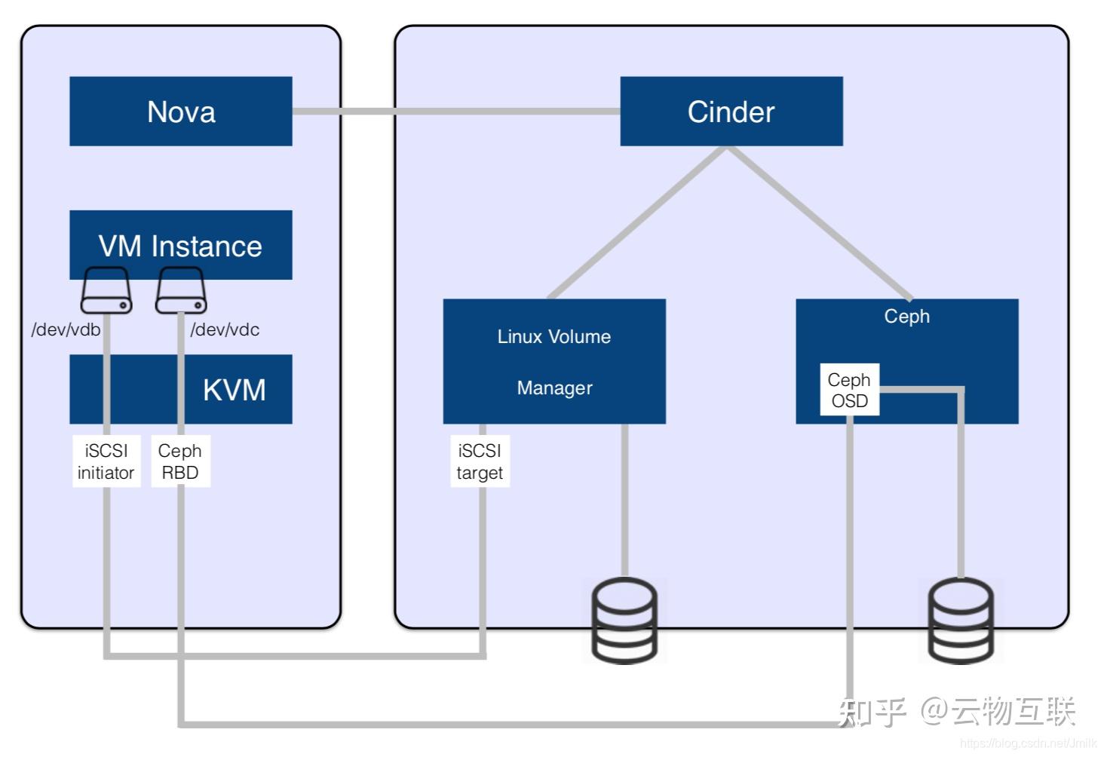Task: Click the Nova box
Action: coord(180,112)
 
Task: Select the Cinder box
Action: coord(731,112)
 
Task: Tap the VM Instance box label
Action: coord(180,246)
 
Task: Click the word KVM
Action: coord(234,390)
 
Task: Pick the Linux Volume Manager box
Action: coord(554,361)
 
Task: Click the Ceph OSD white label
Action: coord(849,390)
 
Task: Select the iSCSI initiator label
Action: coord(106,461)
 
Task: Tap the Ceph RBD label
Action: coord(179,461)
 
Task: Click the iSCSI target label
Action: coord(480,461)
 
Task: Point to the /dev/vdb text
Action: coord(66,329)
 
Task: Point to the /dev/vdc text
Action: coord(225,329)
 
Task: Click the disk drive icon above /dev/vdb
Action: coord(106,290)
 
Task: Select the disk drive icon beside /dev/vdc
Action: coord(180,290)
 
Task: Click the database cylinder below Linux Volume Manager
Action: coord(624,620)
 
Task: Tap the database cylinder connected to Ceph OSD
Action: coord(960,620)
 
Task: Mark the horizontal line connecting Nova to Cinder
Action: coord(455,112)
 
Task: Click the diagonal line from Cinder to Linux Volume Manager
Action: coord(637,222)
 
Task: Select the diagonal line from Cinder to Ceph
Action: coord(820,222)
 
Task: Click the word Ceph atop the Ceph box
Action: coord(906,316)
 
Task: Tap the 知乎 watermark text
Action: coord(872,712)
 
